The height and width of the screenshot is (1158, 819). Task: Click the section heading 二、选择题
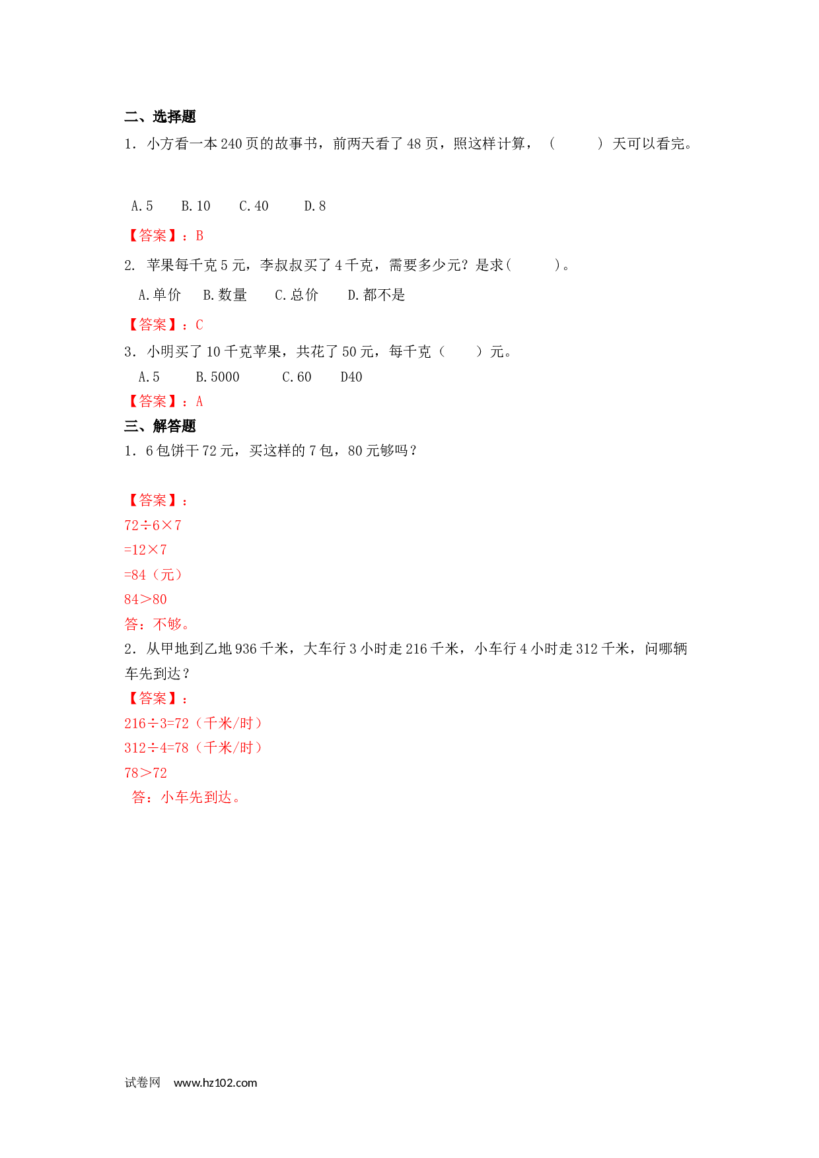coord(160,117)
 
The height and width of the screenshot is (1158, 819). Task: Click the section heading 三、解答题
coord(160,426)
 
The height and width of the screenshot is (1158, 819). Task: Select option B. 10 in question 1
coord(196,206)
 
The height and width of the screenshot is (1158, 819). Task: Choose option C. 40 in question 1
coord(254,206)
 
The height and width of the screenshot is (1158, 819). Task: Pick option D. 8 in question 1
coord(315,206)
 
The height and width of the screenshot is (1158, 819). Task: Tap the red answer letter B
coord(199,236)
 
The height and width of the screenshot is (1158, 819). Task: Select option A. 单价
coord(159,295)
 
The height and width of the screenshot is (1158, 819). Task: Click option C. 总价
coord(297,295)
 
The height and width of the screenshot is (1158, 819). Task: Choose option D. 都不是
coord(376,295)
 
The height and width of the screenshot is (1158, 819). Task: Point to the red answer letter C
coord(199,325)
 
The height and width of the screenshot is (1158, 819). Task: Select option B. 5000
coord(217,377)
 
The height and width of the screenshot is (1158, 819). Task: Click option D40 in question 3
coord(351,377)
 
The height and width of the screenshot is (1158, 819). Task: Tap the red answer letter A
coord(199,401)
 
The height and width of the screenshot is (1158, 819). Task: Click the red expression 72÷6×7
coord(153,526)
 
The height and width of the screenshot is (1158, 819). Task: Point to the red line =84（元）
coord(153,575)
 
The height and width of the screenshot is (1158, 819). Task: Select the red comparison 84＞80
coord(145,599)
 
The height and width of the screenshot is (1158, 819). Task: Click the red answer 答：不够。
coord(157,624)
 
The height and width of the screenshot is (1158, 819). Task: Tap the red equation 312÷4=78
coord(157,748)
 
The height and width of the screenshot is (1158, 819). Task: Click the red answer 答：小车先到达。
coord(187,798)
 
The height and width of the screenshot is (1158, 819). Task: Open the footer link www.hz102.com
coord(215,1083)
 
